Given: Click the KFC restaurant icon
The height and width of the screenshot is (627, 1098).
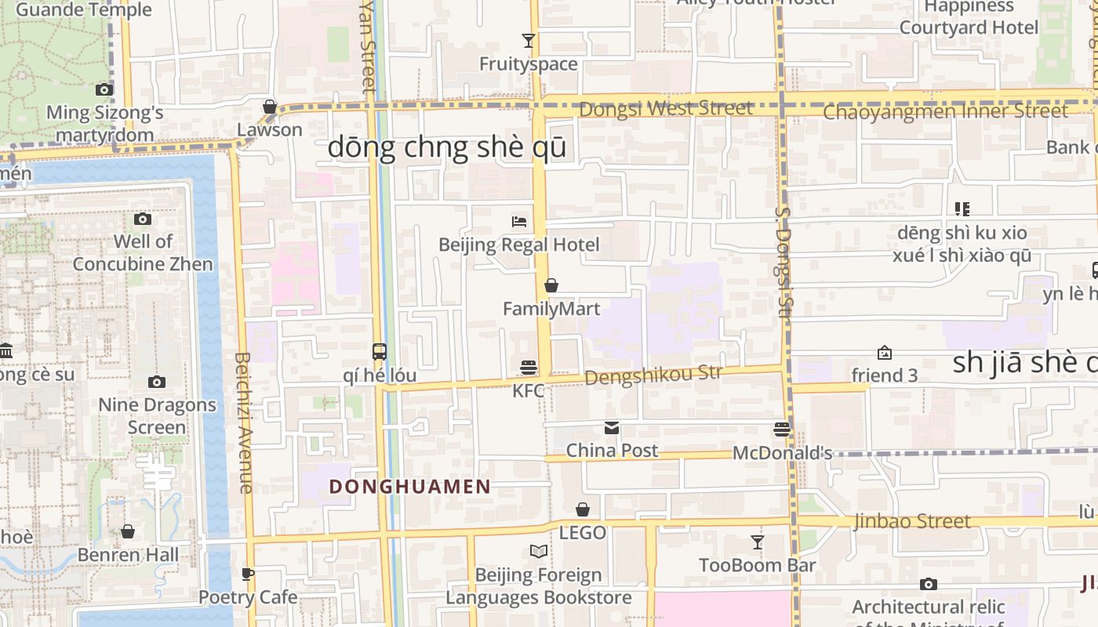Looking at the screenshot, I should coord(529,367).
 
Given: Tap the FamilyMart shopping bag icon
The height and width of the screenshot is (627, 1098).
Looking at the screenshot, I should coord(551,285).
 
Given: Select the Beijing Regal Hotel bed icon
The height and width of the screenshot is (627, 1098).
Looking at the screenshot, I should coord(518,222).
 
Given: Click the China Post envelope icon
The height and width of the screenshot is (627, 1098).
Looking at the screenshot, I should coord(612,428).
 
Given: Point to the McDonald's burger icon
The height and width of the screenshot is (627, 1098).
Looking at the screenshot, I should coord(782,429).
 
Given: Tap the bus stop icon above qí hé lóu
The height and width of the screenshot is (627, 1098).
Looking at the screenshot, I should coord(380,351).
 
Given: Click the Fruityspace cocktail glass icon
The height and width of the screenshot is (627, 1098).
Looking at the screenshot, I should coord(529,41).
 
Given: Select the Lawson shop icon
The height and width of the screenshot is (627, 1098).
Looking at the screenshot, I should coord(270,107).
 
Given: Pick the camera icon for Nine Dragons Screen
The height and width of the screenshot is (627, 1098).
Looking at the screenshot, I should coord(157,382).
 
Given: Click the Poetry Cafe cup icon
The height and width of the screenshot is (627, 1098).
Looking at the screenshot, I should coord(248,574).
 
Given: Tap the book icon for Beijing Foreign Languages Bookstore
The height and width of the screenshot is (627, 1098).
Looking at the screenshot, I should coord(538,552).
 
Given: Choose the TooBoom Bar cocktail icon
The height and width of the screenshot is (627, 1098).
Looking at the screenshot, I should coord(757,542).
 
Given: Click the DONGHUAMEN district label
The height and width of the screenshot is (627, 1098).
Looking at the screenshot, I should coord(409,487).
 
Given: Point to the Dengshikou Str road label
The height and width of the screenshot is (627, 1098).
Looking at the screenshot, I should coord(653,375).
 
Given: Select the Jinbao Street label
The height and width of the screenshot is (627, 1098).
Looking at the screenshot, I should coord(912,521).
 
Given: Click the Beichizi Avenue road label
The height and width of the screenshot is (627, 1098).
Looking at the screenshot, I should coord(243,422).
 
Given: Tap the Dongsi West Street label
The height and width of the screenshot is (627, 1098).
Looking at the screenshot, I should coord(666,108).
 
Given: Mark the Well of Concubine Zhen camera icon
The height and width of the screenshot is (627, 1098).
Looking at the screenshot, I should coord(143,219).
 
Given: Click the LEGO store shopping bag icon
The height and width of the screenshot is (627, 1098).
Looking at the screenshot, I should coord(583,509).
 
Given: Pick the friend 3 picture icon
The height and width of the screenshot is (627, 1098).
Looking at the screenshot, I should coord(885,353).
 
